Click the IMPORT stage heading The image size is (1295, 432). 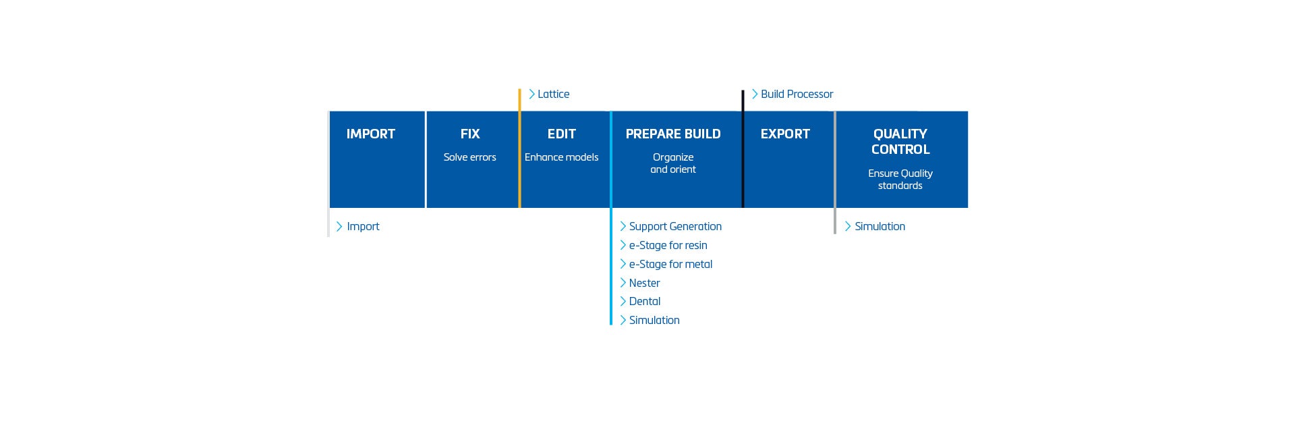coord(370,134)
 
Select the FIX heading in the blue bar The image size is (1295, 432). coord(470,134)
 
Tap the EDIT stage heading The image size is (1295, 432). coord(561,134)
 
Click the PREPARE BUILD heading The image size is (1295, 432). coord(672,134)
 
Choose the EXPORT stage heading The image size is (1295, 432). coord(785,134)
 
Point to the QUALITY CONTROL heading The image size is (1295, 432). coord(900,142)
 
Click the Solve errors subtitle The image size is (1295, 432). coord(469,157)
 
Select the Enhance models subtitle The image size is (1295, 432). coord(561,157)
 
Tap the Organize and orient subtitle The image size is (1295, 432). coord(672,163)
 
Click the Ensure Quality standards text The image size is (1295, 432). coord(900,180)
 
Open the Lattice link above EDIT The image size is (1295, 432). coord(553,94)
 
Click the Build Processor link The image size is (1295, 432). coord(797,94)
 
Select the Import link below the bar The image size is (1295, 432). coord(363,227)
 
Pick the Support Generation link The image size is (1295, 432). coord(675,227)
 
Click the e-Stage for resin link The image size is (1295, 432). coord(668,246)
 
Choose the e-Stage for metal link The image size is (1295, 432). coord(670,265)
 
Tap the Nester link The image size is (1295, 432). coord(644,283)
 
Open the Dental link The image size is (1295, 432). coord(644,302)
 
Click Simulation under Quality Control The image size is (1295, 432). coord(880,227)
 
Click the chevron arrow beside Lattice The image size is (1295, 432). coord(532,94)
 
